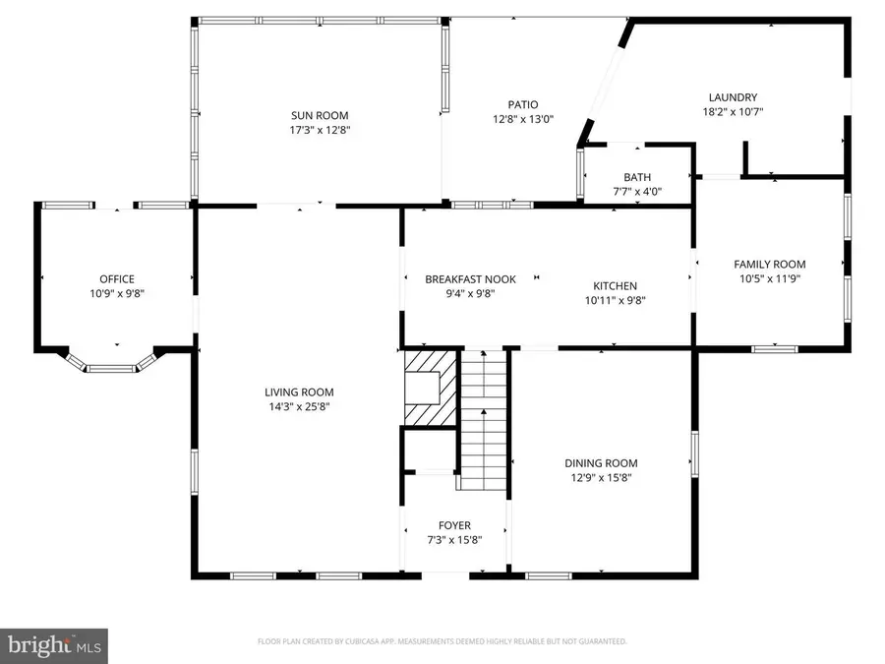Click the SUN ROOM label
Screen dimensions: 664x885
(320, 115)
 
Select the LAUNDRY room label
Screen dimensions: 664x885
(733, 96)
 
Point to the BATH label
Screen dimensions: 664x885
(637, 177)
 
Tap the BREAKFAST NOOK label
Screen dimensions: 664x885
(470, 279)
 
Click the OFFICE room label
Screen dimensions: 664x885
(116, 278)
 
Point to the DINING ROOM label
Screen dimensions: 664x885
(600, 463)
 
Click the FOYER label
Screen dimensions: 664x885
(453, 525)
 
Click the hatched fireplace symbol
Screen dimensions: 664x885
(431, 388)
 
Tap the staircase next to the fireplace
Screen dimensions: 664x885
(483, 423)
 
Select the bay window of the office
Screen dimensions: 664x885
(110, 366)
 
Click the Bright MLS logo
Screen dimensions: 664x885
(54, 644)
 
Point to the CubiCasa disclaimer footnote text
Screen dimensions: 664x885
(442, 641)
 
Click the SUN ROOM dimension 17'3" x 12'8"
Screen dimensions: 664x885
(320, 129)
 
